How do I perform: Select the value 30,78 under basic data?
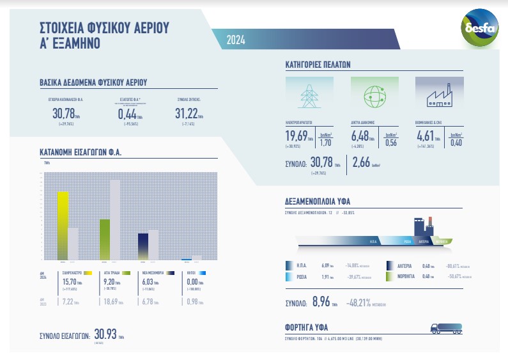tap(63, 114)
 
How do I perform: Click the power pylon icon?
tap(309, 95)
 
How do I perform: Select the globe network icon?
tap(374, 95)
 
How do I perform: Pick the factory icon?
tap(438, 95)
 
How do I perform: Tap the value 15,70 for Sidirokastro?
tap(68, 281)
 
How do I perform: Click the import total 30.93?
tap(105, 334)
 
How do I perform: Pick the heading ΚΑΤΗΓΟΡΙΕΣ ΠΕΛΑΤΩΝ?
tap(317, 64)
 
